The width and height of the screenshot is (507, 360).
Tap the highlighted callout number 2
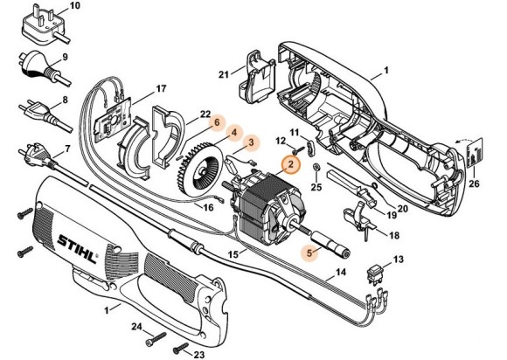coord(289,163)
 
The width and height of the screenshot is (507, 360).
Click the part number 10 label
coord(73,6)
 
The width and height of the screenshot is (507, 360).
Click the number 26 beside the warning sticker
coord(475,183)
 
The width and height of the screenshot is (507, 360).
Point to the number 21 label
coord(223,73)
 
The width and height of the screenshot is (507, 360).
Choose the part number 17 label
coord(161,89)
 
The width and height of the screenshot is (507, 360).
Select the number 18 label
coord(393,236)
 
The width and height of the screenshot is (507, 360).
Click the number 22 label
coord(205,114)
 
